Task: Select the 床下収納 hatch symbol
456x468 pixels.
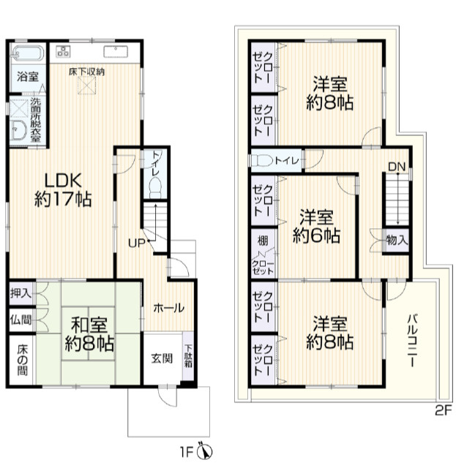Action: (86, 85)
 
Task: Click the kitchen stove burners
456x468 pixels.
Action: (63, 51)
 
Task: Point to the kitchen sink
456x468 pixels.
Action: (116, 52)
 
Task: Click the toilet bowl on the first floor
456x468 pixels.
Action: (154, 187)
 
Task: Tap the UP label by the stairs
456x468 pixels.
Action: (137, 244)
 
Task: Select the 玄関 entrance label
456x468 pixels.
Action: (162, 358)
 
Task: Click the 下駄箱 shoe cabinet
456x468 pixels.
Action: (188, 356)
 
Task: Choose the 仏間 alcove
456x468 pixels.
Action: (20, 320)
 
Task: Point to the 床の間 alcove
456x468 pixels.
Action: (22, 360)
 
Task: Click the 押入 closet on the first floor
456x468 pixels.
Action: (21, 293)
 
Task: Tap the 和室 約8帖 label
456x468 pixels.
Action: (89, 334)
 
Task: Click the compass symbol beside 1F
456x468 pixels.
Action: (205, 452)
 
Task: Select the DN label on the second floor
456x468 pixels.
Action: (397, 167)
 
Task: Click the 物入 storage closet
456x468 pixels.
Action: (397, 241)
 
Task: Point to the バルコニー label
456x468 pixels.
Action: (413, 340)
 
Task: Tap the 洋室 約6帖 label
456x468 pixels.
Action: (316, 226)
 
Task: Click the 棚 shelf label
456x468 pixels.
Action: (263, 241)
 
